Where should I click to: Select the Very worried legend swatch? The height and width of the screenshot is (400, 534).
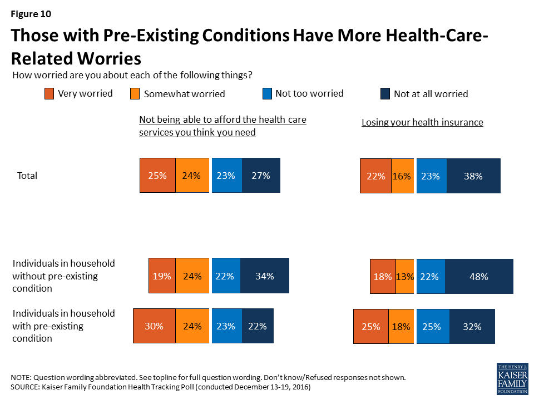click(50, 94)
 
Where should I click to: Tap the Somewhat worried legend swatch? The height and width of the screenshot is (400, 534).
click(135, 94)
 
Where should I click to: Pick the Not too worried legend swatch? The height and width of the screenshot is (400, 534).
click(267, 94)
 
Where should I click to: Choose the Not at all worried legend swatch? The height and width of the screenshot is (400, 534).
click(384, 94)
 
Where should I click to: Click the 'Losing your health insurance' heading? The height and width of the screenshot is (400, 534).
click(422, 123)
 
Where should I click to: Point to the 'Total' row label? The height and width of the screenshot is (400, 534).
click(27, 176)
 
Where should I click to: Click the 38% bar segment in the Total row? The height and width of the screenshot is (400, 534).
click(473, 176)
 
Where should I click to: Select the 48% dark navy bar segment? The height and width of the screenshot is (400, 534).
click(479, 276)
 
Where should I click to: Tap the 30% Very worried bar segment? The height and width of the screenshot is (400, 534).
click(154, 327)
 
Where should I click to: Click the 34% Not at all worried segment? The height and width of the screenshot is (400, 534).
click(264, 276)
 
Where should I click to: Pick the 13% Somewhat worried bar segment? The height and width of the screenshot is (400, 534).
click(405, 276)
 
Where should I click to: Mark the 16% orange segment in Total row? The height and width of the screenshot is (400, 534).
click(402, 176)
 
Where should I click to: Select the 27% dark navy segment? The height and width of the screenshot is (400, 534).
click(261, 176)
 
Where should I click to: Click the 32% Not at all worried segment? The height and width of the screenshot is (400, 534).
click(472, 327)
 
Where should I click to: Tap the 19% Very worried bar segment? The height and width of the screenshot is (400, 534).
click(162, 276)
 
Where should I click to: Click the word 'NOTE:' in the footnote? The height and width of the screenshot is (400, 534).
click(22, 377)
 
